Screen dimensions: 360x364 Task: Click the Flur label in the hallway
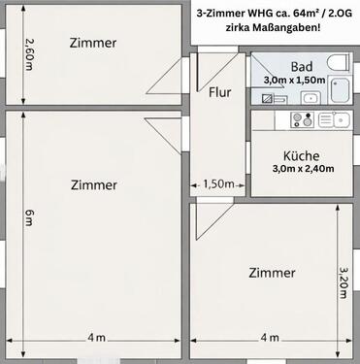[x=220, y=92]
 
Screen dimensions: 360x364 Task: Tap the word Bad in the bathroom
[x=302, y=67]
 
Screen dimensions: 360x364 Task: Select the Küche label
[x=302, y=156]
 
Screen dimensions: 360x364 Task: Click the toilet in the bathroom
[x=339, y=62]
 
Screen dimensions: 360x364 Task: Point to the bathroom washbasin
[x=311, y=97]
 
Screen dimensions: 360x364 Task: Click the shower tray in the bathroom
[x=339, y=90]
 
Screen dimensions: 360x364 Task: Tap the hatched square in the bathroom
[x=267, y=98]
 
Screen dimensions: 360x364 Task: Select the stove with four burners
[x=303, y=120]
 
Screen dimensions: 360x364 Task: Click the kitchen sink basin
[x=342, y=120]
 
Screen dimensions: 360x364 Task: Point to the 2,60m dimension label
[x=29, y=54]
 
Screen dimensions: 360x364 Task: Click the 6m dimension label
[x=29, y=217]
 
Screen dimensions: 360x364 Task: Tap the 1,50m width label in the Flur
[x=218, y=184]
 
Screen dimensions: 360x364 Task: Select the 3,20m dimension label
[x=344, y=282]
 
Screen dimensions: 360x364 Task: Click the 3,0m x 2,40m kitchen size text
[x=303, y=169]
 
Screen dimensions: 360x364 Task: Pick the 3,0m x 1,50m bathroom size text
[x=294, y=81]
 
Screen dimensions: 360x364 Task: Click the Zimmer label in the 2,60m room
[x=93, y=43]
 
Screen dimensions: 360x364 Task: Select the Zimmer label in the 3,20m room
[x=272, y=273]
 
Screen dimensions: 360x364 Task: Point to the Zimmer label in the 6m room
[x=94, y=185]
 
